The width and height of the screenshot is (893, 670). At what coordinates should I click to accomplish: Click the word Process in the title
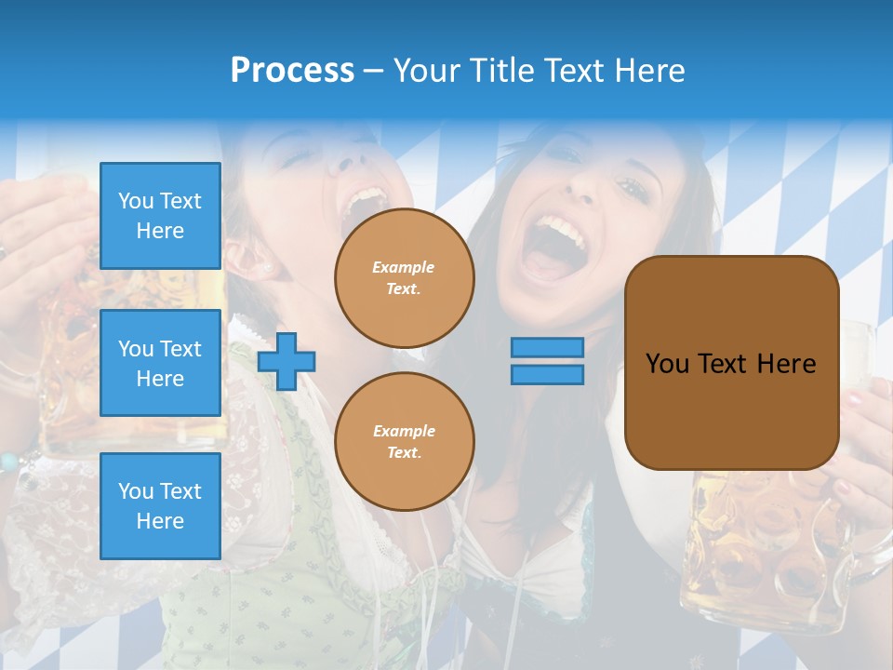(292, 70)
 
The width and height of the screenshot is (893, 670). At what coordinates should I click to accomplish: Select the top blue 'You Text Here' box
(160, 216)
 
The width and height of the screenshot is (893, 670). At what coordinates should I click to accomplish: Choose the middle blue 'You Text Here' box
(160, 363)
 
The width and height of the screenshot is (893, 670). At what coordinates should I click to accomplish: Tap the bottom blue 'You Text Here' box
(160, 505)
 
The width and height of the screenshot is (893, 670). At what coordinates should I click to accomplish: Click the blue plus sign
(287, 361)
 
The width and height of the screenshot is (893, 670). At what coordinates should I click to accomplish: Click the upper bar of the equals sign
(547, 347)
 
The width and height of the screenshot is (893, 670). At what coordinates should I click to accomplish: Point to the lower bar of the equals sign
(547, 374)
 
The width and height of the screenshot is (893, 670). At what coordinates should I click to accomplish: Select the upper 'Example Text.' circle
(404, 277)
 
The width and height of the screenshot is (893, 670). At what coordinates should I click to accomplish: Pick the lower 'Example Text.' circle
(404, 441)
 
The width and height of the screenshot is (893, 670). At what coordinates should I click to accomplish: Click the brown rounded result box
(731, 363)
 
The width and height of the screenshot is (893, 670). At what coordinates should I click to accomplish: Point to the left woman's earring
(267, 268)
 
